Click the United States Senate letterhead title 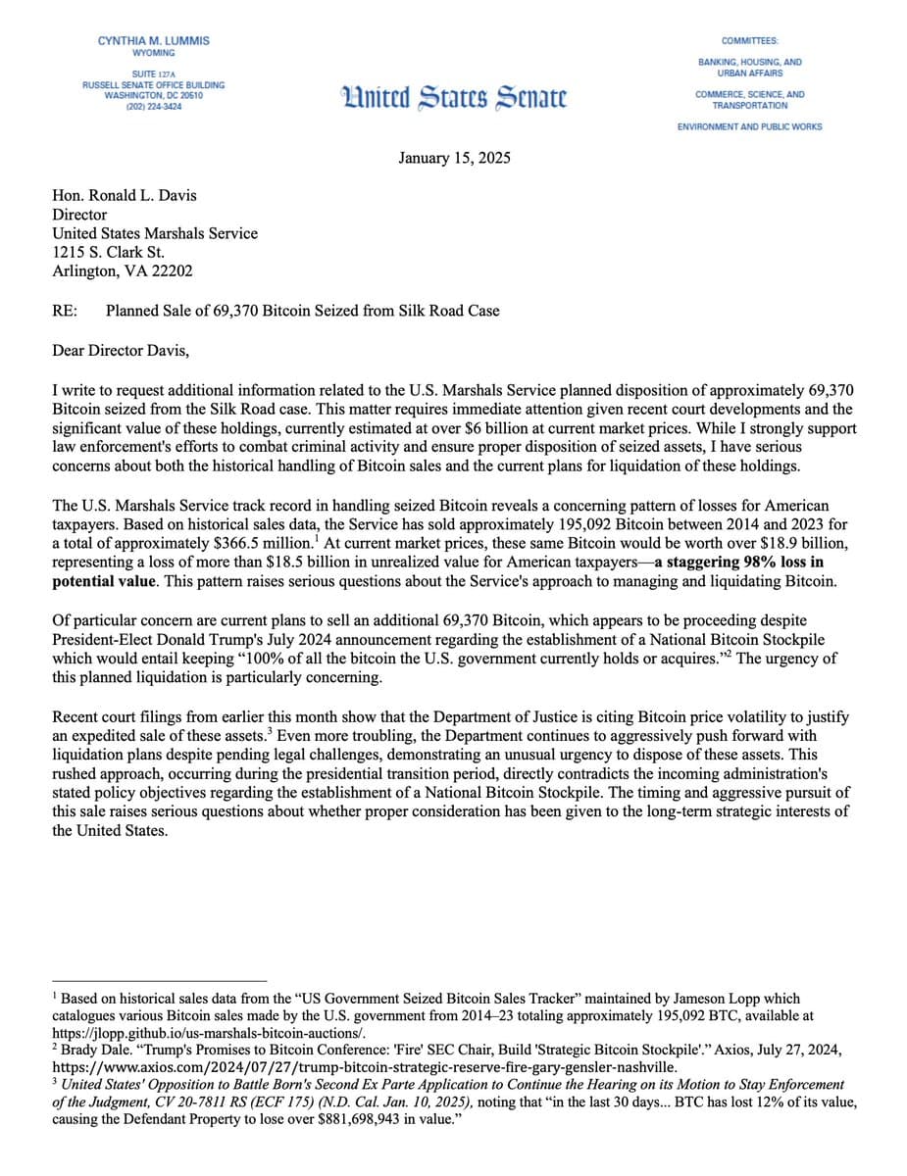[453, 97]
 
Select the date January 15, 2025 [454, 159]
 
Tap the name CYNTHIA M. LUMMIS [153, 40]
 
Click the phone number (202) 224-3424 [153, 106]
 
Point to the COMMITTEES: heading [749, 40]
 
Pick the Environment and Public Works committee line [749, 126]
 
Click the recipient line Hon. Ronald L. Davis [125, 195]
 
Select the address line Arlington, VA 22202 [123, 271]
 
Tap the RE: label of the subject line [66, 311]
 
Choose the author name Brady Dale [97, 1051]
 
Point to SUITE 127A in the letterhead [153, 73]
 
